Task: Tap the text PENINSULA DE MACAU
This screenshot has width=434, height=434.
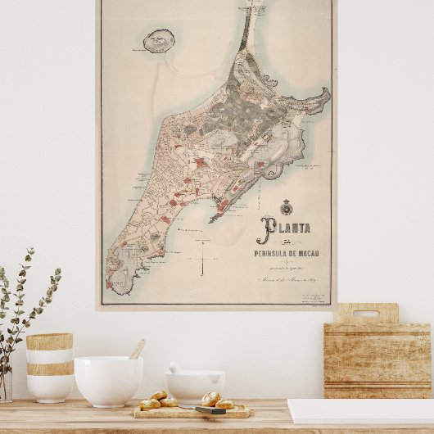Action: click(x=287, y=253)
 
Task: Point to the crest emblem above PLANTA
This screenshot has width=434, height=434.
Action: click(x=286, y=207)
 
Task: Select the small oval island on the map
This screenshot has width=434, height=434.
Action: click(x=157, y=41)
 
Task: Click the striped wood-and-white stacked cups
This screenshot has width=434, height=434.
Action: click(x=49, y=366)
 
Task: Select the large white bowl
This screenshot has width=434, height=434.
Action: click(x=108, y=380)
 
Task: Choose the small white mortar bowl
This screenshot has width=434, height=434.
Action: click(x=195, y=385)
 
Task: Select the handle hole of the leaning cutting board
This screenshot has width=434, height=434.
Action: click(x=366, y=314)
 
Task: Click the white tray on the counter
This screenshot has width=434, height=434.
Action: click(x=360, y=411)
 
